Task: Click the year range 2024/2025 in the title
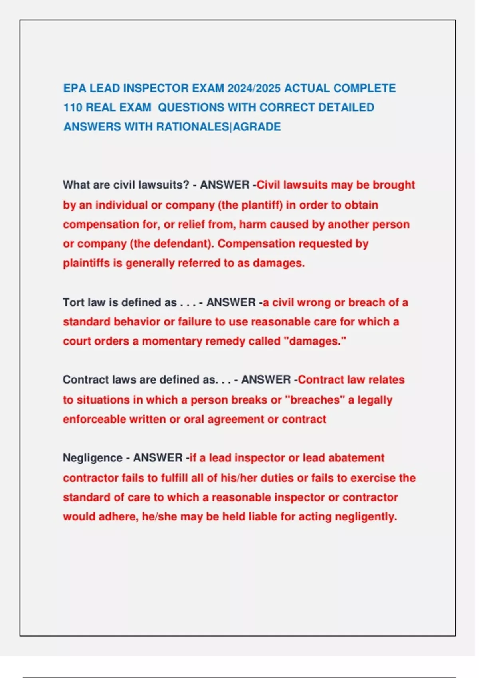coord(254,88)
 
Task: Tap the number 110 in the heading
coord(73,108)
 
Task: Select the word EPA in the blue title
coord(75,88)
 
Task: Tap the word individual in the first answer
coord(121,205)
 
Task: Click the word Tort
coord(73,302)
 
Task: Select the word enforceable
coord(94,420)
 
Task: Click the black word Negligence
coord(92,458)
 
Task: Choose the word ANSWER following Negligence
coord(158,458)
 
